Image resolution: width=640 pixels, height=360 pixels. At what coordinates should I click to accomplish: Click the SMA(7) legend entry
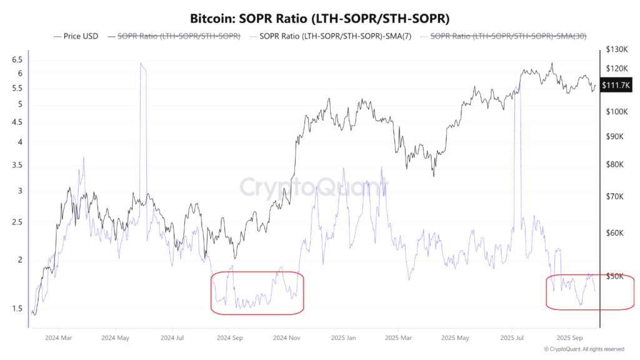[x=332, y=36]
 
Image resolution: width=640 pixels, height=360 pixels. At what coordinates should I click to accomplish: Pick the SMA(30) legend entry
[x=508, y=36]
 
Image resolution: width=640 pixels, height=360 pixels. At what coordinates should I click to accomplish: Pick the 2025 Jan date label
[x=343, y=338]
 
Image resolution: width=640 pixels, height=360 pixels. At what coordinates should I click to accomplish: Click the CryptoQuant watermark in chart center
[x=314, y=186]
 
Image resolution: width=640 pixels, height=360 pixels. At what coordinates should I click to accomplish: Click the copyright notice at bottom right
[x=584, y=349]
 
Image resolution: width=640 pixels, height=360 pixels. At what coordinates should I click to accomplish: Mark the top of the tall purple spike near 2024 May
[x=141, y=64]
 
